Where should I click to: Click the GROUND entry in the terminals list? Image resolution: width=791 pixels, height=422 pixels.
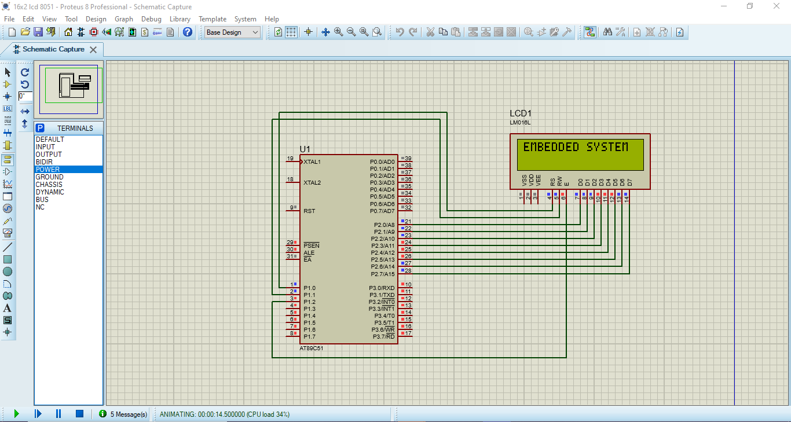pos(50,177)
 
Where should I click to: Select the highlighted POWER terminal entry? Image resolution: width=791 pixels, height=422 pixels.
pos(47,170)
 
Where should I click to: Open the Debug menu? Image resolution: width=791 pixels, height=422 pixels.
pos(151,19)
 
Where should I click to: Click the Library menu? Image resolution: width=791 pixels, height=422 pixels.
pos(180,19)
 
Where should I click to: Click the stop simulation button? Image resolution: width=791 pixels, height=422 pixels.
pos(80,413)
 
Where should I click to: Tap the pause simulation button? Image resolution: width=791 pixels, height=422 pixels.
pos(58,413)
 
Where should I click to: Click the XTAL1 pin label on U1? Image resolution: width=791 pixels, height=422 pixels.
pos(312,162)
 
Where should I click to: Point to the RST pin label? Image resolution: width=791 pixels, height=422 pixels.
pos(309,211)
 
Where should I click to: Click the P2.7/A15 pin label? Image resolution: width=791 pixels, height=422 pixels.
pos(383,274)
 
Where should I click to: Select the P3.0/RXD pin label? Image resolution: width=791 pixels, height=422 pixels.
pos(382,288)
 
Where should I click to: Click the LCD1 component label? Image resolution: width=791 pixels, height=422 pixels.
pos(520,113)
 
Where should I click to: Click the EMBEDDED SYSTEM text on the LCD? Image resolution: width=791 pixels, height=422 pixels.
pos(576,147)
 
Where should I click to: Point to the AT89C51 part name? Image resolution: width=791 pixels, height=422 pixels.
pos(311,348)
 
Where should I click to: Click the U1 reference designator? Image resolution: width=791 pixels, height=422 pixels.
pos(305,149)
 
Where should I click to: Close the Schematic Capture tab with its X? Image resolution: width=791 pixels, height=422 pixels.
pos(93,50)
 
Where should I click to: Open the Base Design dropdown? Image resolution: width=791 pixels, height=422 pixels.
pos(233,32)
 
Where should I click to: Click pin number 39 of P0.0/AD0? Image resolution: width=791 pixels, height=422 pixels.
pos(408,159)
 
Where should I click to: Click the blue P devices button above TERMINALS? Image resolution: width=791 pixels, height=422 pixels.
pos(40,128)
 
